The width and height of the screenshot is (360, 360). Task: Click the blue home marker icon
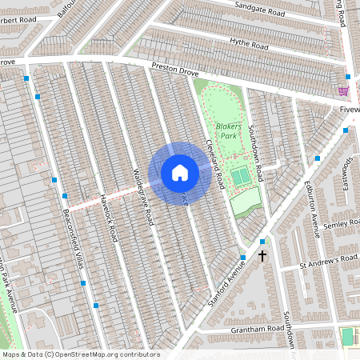[x=180, y=173]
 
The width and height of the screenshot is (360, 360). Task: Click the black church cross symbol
[x=262, y=255]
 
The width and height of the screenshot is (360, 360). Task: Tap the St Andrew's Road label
[x=328, y=261]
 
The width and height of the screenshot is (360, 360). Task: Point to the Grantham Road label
[x=260, y=328]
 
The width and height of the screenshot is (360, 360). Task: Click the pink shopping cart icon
[x=343, y=91]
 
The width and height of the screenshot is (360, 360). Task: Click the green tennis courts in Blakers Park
[x=240, y=174]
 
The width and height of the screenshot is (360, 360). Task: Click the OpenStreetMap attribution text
[x=80, y=354]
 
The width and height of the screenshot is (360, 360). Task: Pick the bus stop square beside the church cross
[x=262, y=242]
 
